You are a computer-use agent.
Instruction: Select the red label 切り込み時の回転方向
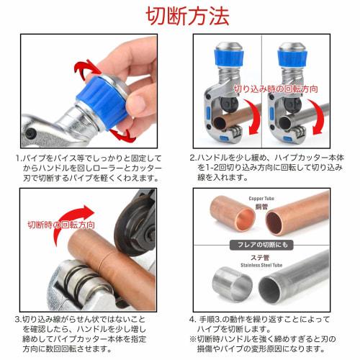tap(276, 89)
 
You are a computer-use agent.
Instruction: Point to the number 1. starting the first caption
tap(17, 158)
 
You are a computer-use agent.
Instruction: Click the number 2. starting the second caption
tap(193, 158)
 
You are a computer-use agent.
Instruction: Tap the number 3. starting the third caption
tap(17, 318)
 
